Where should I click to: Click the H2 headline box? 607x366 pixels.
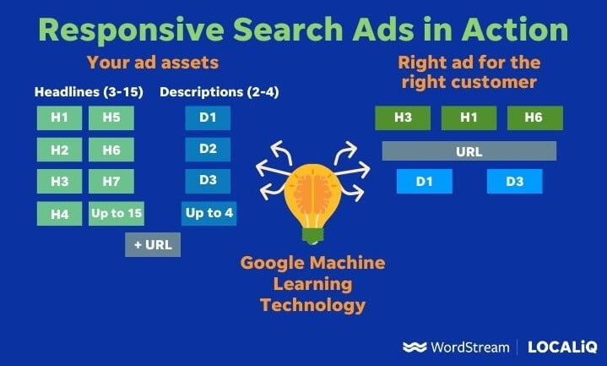coord(59,150)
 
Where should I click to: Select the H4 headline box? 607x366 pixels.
coord(59,214)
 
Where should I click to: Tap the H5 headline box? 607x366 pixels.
coord(111,117)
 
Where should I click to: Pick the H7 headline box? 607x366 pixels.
coord(111,182)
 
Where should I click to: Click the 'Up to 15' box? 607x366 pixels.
coord(116,213)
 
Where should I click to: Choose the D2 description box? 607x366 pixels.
coord(208,150)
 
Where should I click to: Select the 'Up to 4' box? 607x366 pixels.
coord(209,213)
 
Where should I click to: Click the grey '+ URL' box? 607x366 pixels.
coord(152,244)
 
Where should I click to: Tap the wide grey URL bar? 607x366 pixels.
coord(469,151)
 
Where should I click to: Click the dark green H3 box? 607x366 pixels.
coord(403,118)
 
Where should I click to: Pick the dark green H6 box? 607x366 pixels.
coord(534,118)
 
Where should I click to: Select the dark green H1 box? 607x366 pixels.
coord(469,118)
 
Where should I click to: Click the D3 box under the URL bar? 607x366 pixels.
coord(514,181)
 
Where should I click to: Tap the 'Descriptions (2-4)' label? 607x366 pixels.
coord(208,91)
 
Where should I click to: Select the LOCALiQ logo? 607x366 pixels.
coord(563,347)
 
